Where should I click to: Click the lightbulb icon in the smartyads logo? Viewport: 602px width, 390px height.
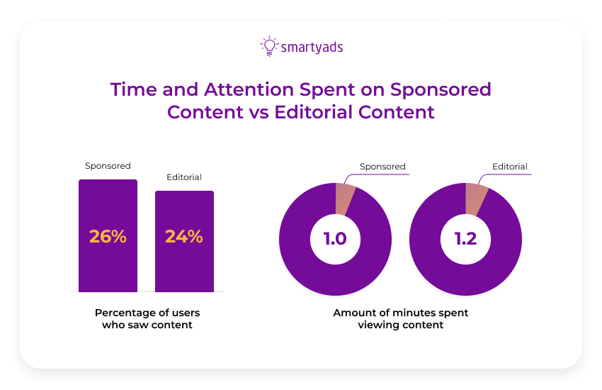click(x=268, y=46)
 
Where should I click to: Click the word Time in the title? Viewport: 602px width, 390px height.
click(x=132, y=90)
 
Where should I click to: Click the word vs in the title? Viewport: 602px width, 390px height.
click(x=256, y=112)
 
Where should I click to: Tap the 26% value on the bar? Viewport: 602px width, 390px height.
click(x=108, y=237)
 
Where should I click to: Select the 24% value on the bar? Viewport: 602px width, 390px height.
click(x=184, y=237)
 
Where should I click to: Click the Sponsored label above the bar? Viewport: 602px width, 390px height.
click(x=108, y=166)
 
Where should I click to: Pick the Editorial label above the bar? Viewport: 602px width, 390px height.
click(x=184, y=177)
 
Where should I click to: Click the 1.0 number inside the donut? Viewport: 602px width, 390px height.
click(x=335, y=239)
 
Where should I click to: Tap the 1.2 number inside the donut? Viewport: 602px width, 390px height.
click(x=465, y=239)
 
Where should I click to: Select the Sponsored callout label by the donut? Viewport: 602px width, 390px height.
click(x=382, y=167)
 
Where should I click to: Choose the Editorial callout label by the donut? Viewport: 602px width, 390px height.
click(x=510, y=167)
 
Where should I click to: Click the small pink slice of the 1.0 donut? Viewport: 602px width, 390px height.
click(x=344, y=197)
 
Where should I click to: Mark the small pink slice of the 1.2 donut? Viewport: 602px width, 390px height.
click(x=475, y=197)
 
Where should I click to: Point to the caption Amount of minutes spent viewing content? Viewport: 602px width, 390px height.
click(x=401, y=318)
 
